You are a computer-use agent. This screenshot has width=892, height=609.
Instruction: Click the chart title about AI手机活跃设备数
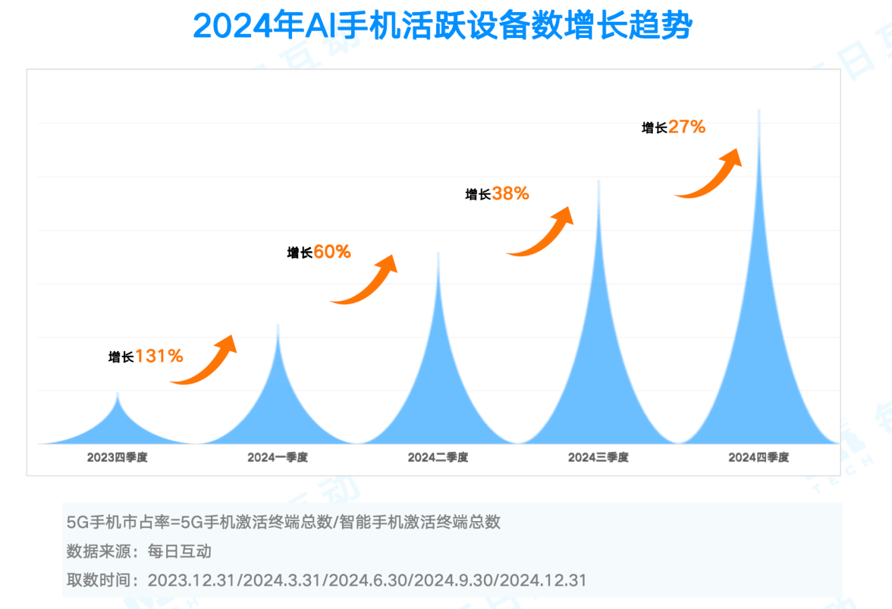443,27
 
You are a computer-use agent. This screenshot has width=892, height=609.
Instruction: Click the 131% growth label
146,357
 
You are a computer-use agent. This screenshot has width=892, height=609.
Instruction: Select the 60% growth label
319,252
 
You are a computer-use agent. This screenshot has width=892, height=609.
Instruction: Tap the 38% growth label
497,193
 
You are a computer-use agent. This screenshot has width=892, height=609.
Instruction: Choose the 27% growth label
673,127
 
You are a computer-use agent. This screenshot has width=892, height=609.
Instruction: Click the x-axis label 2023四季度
117,457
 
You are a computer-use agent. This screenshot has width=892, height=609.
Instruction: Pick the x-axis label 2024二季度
438,457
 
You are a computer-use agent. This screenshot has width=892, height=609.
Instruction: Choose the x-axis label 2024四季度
759,457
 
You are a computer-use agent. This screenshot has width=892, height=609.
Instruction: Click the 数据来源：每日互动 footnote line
139,551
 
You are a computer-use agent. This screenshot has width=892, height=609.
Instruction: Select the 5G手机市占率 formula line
283,522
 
